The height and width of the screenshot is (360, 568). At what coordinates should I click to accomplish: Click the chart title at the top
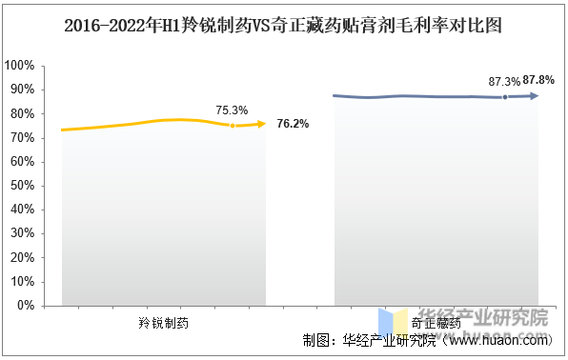point(283,27)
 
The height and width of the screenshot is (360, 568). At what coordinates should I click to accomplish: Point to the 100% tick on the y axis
point(21,66)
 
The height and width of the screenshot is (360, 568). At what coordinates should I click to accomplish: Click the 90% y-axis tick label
point(23,90)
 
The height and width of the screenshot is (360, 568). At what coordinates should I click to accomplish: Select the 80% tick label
point(23,113)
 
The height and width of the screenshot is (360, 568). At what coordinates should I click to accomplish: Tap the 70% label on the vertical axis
point(23,138)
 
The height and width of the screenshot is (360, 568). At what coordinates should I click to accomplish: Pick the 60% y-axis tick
point(23,162)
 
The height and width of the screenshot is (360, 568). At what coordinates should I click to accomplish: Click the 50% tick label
point(23,186)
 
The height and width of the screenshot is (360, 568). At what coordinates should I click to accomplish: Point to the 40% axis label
point(23,210)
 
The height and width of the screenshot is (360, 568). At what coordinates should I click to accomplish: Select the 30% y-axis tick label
point(23,234)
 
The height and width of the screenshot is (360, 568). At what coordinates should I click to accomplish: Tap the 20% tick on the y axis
point(23,258)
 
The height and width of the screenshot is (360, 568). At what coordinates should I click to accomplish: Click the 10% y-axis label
point(23,282)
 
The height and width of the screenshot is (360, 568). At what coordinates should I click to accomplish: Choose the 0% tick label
point(26,306)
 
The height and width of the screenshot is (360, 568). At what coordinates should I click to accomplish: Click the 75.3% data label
point(232,110)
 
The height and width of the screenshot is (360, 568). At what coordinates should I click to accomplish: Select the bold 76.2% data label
point(292,124)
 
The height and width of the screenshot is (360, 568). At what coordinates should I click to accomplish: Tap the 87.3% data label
point(504,82)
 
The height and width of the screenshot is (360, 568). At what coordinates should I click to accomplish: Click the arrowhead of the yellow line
point(261,123)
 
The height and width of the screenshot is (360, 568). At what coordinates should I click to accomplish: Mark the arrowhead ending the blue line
point(535,95)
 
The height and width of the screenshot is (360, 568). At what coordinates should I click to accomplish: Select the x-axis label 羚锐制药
point(164,323)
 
